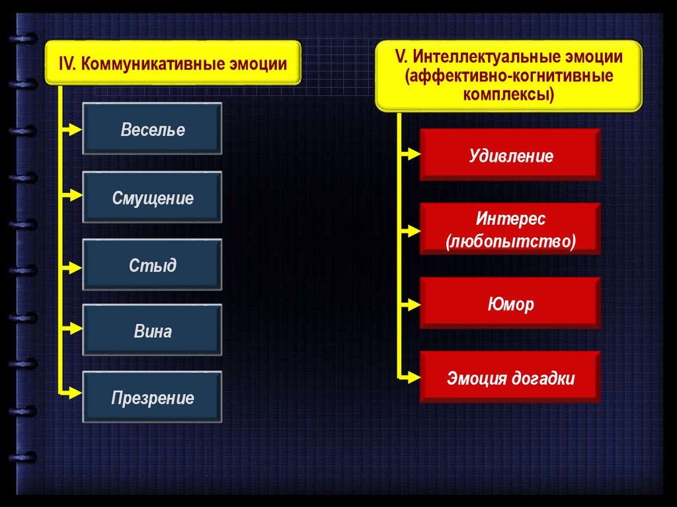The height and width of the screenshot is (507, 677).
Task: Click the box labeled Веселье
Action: click(152, 129)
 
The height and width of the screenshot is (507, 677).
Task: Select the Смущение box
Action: click(152, 198)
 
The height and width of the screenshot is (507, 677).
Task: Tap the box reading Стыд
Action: click(152, 265)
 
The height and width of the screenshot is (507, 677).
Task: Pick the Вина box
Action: click(152, 331)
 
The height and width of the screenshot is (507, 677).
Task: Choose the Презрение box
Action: click(152, 398)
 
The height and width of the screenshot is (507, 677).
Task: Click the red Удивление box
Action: click(510, 156)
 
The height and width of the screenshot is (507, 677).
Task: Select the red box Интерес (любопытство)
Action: click(510, 229)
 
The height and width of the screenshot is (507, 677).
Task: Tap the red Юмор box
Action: click(510, 304)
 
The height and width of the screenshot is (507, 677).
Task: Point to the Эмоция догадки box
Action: click(510, 378)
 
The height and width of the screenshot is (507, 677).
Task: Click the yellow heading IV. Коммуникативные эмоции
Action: click(173, 63)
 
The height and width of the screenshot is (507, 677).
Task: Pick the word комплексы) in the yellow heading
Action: click(508, 95)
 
